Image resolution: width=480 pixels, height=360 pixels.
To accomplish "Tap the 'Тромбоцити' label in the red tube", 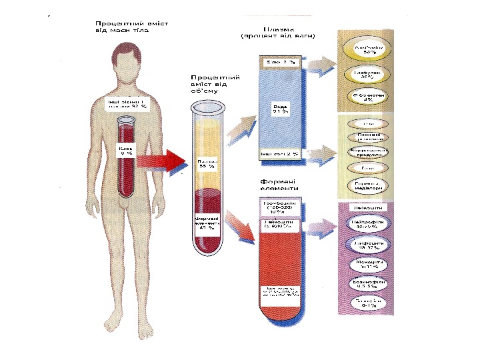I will [x=280, y=207].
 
